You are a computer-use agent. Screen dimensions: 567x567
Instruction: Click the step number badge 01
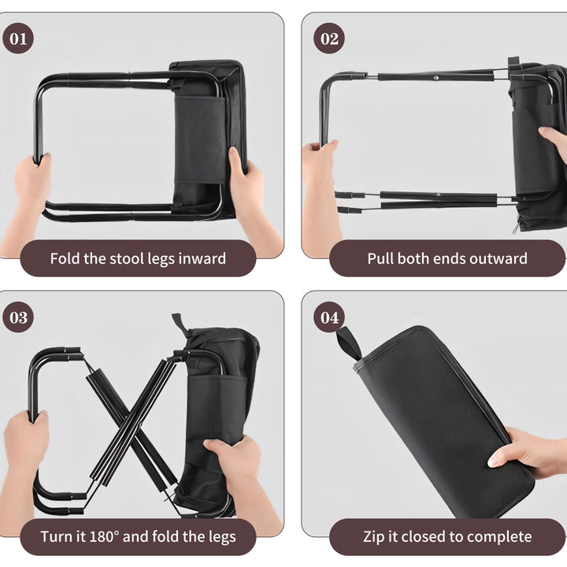(18, 39)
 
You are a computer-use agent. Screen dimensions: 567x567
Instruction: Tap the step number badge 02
(329, 39)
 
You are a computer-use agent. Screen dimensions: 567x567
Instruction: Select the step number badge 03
(18, 317)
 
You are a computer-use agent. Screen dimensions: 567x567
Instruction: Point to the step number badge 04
(329, 317)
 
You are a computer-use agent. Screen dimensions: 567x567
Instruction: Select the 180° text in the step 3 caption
(104, 536)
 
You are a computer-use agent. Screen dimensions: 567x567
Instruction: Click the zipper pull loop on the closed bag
(349, 343)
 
